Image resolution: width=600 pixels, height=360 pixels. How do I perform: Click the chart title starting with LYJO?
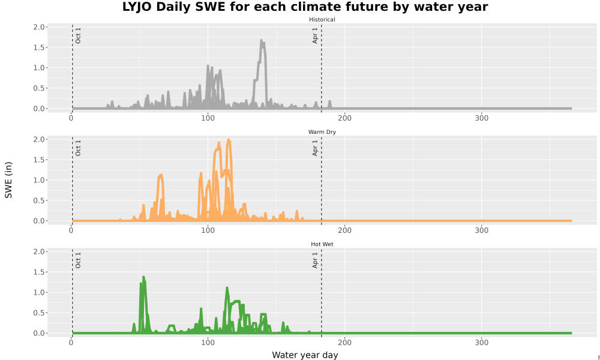[305, 7]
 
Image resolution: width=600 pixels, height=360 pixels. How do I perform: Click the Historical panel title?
[322, 20]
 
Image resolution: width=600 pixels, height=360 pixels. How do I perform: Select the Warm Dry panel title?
[322, 132]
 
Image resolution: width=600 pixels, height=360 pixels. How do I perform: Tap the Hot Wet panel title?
[322, 244]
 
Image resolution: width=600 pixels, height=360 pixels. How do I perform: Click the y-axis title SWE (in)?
[8, 180]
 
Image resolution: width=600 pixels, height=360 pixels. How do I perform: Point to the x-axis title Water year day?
[305, 355]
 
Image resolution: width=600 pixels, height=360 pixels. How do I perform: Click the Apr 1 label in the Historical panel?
[316, 35]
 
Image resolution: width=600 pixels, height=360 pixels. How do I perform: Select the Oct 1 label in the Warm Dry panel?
[78, 148]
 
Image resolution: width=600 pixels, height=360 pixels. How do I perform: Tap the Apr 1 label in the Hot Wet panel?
[316, 260]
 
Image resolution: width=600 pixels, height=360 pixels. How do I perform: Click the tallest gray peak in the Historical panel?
[262, 40]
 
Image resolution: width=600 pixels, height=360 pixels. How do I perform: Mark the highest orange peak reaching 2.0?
[229, 140]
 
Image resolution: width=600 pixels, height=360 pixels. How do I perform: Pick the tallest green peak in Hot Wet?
[143, 277]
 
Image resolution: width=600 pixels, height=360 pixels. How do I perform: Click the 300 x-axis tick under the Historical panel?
[481, 118]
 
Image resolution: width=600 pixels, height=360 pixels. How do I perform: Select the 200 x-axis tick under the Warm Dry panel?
[345, 230]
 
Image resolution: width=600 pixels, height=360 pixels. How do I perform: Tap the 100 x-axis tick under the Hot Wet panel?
[208, 343]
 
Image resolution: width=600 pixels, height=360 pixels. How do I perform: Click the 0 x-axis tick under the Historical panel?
[71, 118]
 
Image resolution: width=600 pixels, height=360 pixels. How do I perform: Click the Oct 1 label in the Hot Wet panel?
[78, 260]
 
